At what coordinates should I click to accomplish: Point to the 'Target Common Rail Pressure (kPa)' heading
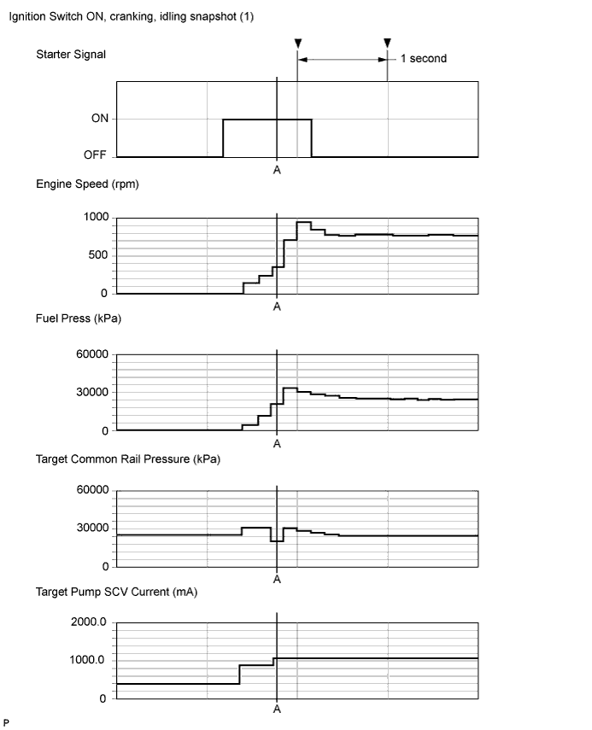pos(127,459)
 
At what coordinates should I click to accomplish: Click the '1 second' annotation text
pos(423,59)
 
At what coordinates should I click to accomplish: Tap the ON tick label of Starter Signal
pos(100,119)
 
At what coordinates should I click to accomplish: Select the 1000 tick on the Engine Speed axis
pos(96,218)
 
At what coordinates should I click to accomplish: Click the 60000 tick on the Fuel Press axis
pos(92,354)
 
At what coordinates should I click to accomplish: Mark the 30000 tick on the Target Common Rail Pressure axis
pos(92,529)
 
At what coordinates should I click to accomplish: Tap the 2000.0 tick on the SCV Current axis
pos(88,622)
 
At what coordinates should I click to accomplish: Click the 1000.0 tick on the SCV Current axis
pos(88,660)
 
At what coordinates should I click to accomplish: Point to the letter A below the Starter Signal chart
pos(277,170)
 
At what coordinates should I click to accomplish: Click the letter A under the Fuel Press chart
pos(277,444)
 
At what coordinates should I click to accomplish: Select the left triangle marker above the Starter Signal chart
pos(297,44)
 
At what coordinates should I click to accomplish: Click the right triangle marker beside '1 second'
pos(388,44)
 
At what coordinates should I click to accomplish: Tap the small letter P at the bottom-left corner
pos(6,722)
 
